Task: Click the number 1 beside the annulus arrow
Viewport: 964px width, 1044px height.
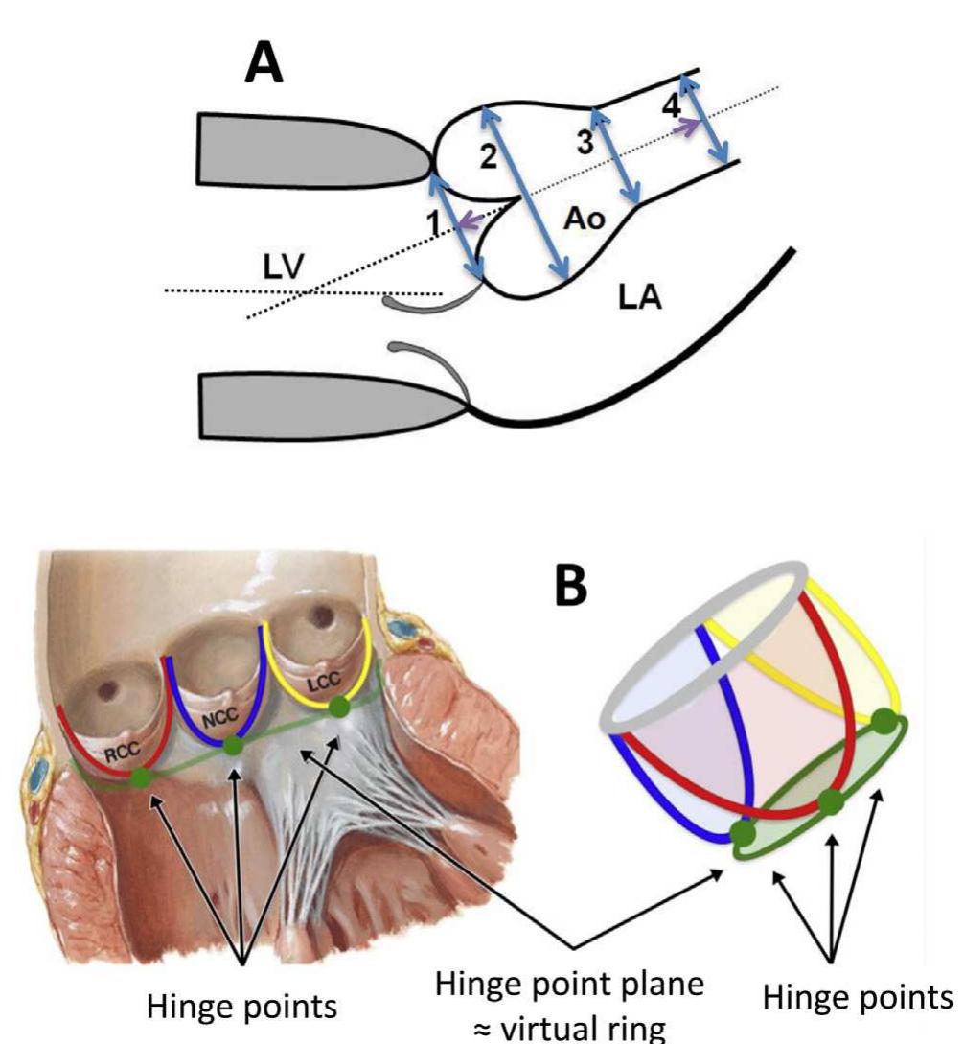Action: click(x=433, y=221)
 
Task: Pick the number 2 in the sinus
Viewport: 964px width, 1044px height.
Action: click(x=489, y=156)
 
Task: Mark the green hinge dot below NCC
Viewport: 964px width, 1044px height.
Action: click(x=233, y=746)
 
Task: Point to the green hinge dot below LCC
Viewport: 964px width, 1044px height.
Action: click(x=337, y=708)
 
